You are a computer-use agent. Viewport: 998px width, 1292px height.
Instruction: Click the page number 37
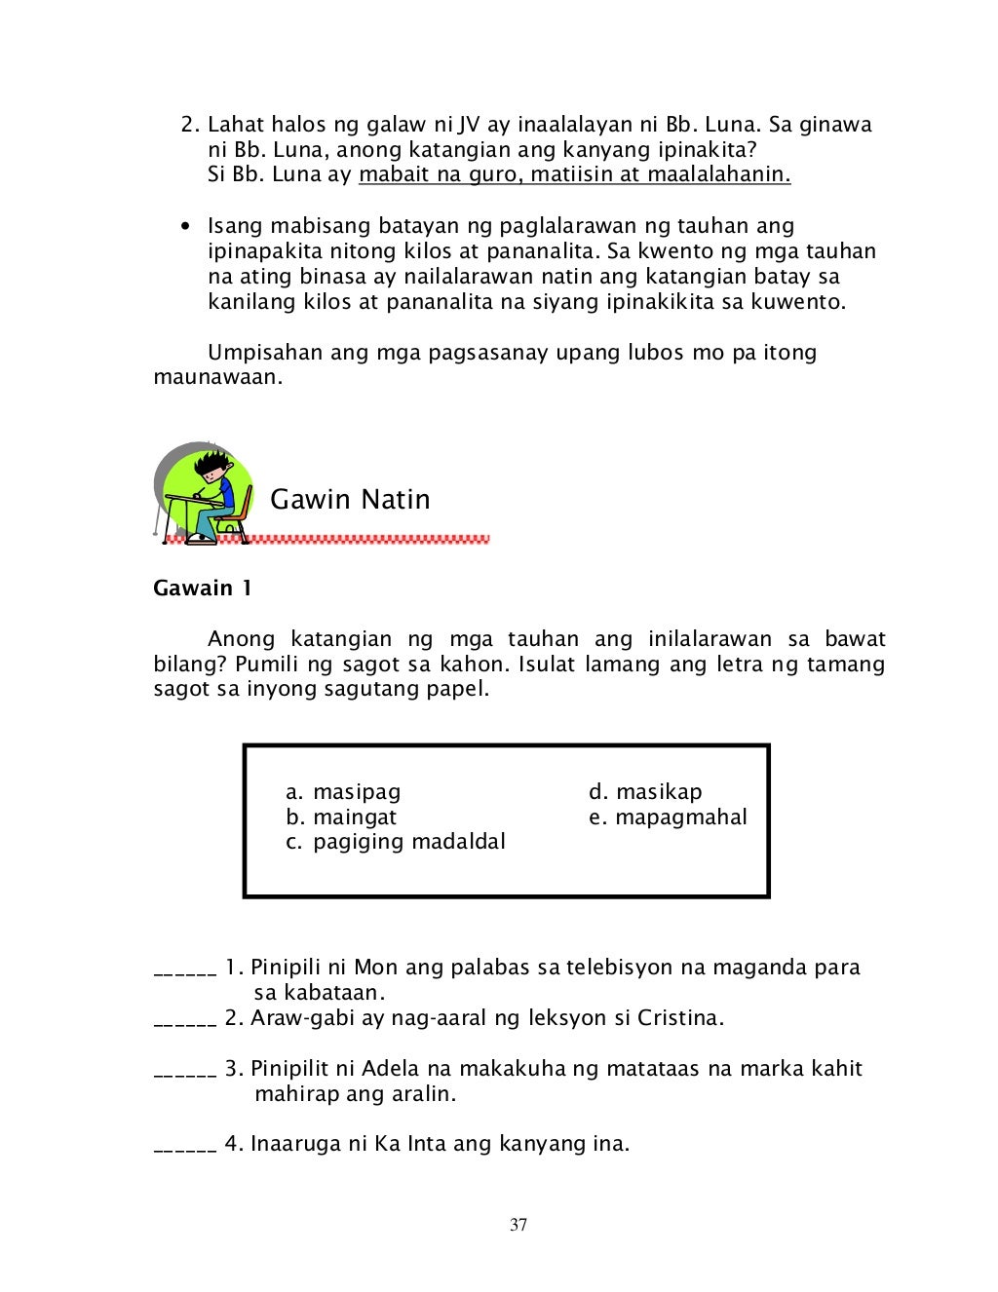[x=518, y=1225]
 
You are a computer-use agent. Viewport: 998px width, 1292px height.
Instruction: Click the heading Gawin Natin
[x=350, y=499]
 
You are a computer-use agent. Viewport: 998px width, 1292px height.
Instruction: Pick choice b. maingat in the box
[x=341, y=817]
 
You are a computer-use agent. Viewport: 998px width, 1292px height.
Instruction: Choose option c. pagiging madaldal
[x=396, y=842]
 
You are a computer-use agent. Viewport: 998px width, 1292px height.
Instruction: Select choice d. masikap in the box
[x=645, y=792]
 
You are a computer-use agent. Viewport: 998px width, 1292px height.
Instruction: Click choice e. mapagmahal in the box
[x=668, y=817]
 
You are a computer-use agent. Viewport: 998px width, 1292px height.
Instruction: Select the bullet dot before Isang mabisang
[x=184, y=227]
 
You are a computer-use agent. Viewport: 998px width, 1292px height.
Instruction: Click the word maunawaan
[x=217, y=377]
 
